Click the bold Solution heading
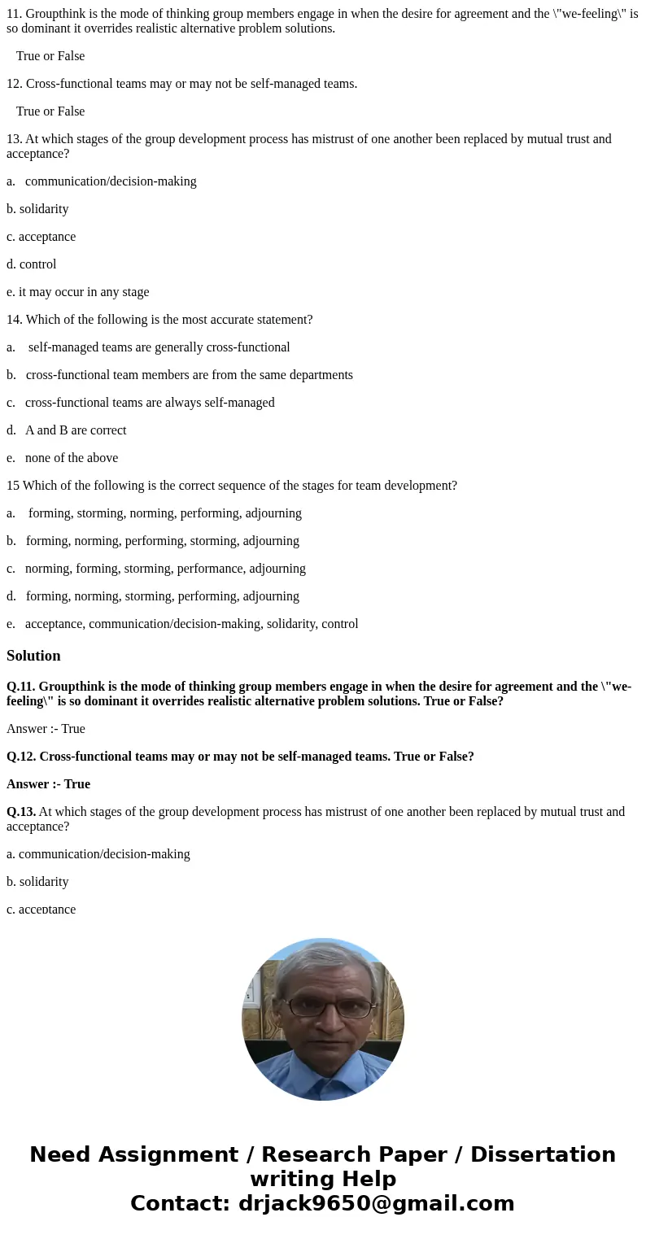point(33,656)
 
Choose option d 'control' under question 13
point(32,264)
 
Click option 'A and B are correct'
point(75,430)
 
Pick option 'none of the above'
point(71,458)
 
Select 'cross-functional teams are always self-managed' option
point(150,403)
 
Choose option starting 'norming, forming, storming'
point(165,569)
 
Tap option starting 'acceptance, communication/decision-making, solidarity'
point(191,624)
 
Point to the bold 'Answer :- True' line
point(48,784)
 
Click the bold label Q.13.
point(21,812)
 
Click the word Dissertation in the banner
point(543,1155)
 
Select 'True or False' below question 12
point(50,111)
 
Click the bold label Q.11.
point(21,687)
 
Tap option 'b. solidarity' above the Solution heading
point(37,209)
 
